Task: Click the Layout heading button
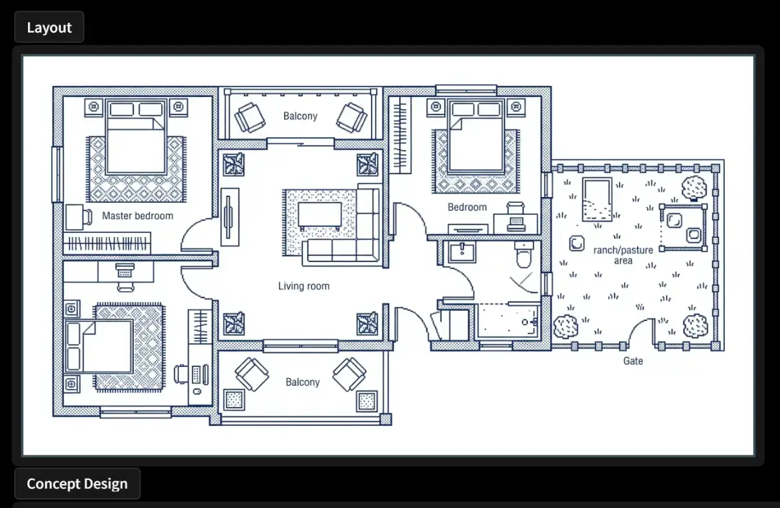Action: pos(49,27)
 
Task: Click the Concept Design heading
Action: pos(77,484)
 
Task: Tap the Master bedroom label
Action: pos(138,216)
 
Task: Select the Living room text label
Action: pos(304,286)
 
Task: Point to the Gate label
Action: pos(633,361)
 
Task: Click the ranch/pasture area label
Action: pos(623,256)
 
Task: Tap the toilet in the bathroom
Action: pos(523,254)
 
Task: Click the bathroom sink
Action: pos(462,252)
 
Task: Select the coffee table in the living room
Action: pos(320,216)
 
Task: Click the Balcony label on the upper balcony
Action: pos(300,116)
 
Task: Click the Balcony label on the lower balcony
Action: pos(303,382)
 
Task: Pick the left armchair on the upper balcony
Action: pos(250,117)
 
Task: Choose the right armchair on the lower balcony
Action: pos(349,374)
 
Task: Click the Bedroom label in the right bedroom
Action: pos(467,207)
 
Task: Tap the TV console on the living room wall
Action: pos(230,217)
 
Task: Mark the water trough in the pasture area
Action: pos(597,200)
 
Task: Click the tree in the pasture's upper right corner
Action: pos(694,188)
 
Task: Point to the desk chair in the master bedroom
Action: pos(87,217)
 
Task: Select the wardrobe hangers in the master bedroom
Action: pos(107,243)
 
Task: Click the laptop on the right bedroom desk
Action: pos(516,223)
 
